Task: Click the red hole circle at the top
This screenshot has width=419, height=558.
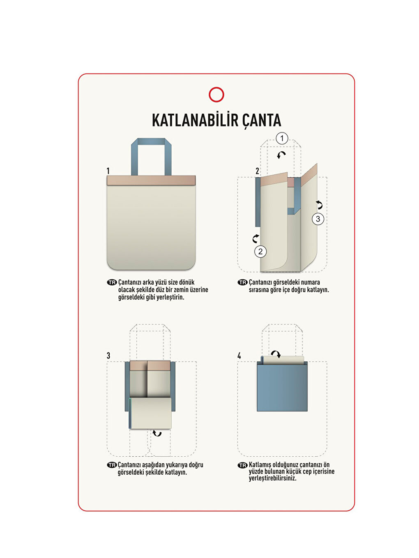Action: (x=216, y=95)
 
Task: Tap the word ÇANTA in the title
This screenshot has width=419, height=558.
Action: (x=261, y=121)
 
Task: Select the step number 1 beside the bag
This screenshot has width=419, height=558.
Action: (x=108, y=171)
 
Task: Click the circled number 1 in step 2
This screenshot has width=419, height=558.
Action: (x=282, y=138)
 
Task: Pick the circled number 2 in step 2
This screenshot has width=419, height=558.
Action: (x=260, y=252)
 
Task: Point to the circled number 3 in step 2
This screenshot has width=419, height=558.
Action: (x=318, y=219)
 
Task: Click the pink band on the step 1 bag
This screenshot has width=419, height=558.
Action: (x=151, y=181)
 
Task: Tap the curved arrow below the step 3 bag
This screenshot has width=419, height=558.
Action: (x=157, y=433)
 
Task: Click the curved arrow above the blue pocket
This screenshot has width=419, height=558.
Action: (x=276, y=354)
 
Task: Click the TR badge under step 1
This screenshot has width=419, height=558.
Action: (x=112, y=282)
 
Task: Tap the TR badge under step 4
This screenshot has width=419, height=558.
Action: (x=242, y=465)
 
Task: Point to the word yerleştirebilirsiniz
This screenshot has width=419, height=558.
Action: (x=272, y=478)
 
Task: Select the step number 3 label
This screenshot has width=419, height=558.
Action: (x=108, y=356)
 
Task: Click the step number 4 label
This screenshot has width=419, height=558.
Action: (x=239, y=356)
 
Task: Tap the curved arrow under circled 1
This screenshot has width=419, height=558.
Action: (x=281, y=155)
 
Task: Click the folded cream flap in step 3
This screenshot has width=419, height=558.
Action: (x=150, y=413)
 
